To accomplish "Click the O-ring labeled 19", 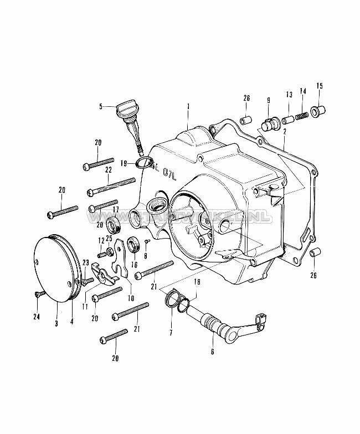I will [x=145, y=163].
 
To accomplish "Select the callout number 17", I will [x=116, y=209].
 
